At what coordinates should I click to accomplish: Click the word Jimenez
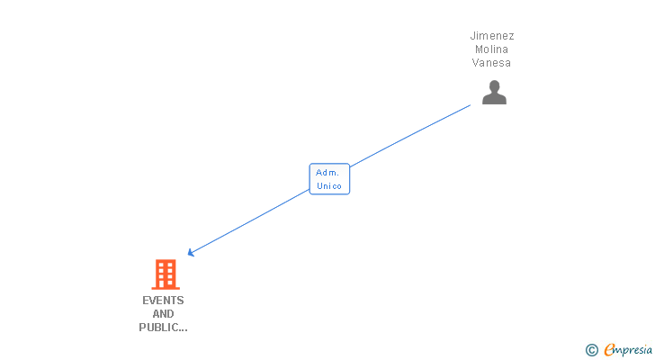[x=492, y=36]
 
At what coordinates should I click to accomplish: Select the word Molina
[x=492, y=49]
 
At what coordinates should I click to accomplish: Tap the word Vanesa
[x=492, y=63]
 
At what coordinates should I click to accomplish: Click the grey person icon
[x=494, y=92]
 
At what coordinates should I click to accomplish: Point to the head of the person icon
[x=494, y=86]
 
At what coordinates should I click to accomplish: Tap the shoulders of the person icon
[x=494, y=99]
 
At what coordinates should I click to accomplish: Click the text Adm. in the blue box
[x=327, y=172]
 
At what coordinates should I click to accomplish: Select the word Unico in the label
[x=329, y=186]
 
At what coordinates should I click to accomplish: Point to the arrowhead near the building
[x=190, y=254]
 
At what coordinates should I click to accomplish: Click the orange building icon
[x=165, y=274]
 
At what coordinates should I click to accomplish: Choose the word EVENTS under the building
[x=163, y=301]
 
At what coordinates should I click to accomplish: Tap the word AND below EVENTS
[x=163, y=314]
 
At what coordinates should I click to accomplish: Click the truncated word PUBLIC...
[x=157, y=328]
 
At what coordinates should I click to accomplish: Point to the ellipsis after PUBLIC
[x=183, y=329]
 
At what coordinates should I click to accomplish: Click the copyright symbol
[x=592, y=350]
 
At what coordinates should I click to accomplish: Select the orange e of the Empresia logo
[x=609, y=350]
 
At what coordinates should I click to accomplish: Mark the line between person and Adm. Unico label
[x=409, y=136]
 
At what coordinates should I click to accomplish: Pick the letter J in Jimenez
[x=472, y=36]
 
